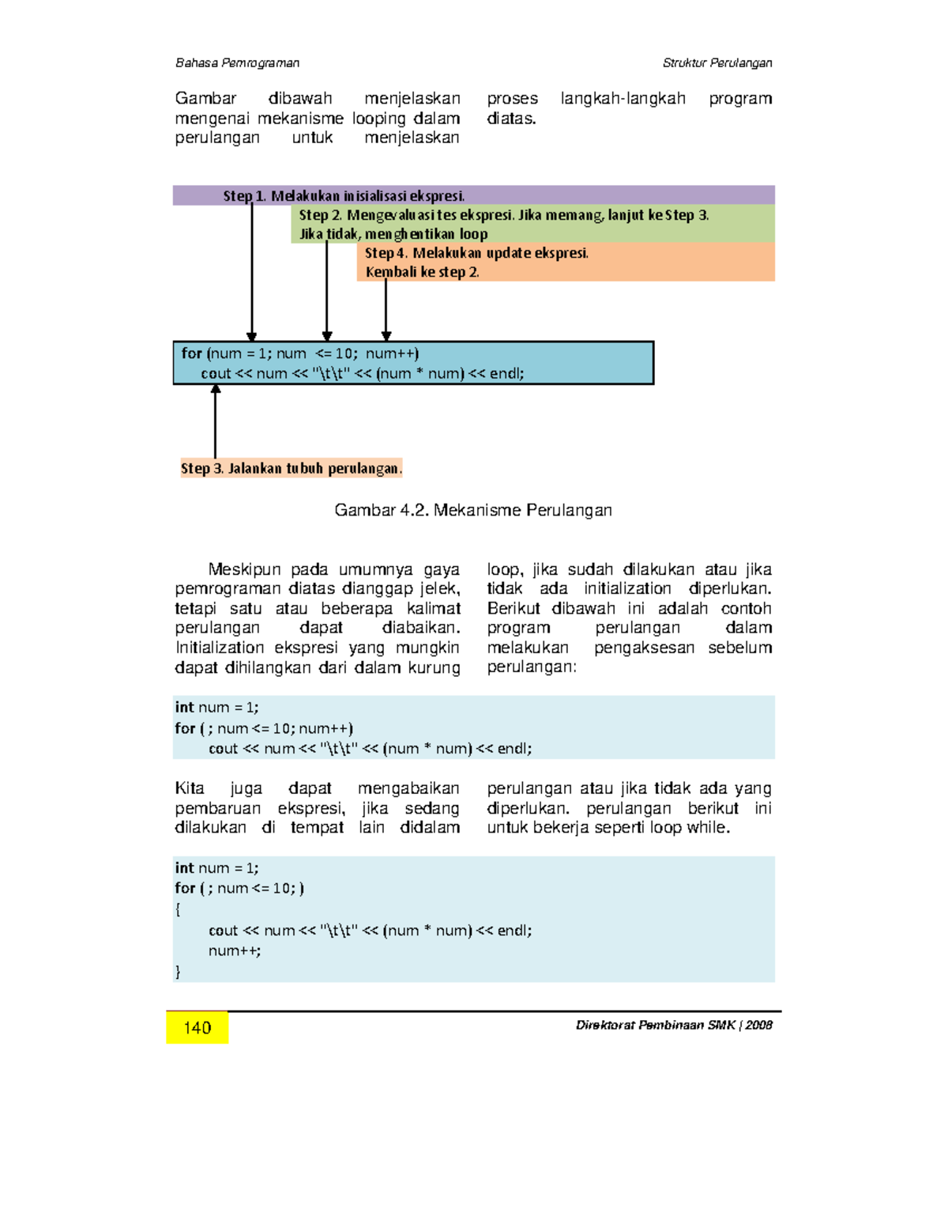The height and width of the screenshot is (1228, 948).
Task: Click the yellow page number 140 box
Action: coord(197,1027)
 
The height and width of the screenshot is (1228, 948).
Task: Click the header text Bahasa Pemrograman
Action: coord(237,63)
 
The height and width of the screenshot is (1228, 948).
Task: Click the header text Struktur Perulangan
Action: coord(717,63)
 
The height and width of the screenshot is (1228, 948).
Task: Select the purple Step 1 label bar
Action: coord(474,195)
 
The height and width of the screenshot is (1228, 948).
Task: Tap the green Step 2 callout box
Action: coord(533,224)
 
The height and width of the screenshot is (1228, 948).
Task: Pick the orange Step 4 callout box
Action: coord(566,262)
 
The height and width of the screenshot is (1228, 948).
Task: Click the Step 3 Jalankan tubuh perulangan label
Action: coord(291,468)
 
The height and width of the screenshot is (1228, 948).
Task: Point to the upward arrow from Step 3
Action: coord(215,423)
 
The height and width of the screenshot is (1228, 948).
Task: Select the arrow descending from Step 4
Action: coord(386,308)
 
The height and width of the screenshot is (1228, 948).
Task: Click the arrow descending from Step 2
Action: coord(327,293)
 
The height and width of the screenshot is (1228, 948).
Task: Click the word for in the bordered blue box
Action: coord(191,353)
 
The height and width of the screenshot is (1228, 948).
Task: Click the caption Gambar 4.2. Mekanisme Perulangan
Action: coord(473,510)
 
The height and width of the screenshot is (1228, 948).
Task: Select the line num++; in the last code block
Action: coord(235,950)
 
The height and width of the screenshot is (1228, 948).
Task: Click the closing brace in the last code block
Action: coord(179,971)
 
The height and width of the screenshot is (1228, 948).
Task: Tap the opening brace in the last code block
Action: coord(179,909)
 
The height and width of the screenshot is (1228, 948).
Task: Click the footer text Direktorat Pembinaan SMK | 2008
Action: coord(674,1025)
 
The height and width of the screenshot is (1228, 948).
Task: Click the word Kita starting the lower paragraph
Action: coord(190,788)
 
